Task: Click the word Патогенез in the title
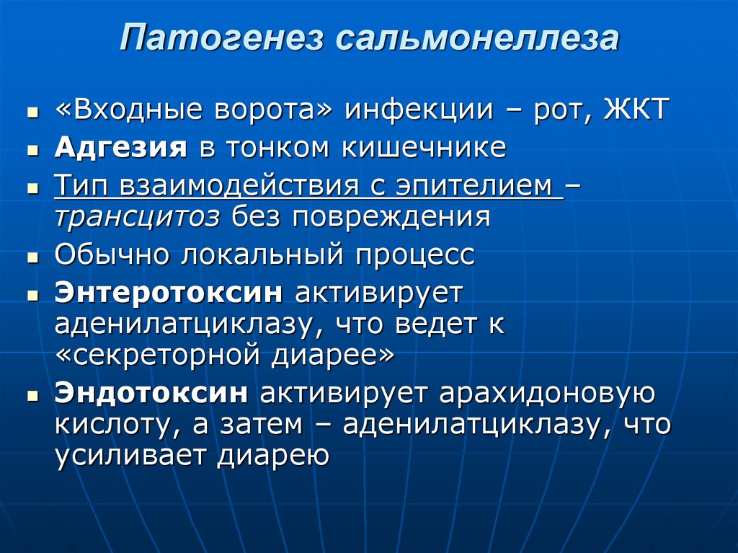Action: (222, 37)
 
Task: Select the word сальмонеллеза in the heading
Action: (477, 37)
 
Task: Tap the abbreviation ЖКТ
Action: (636, 110)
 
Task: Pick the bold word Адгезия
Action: (121, 149)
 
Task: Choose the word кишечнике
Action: (424, 147)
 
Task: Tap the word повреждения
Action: (391, 218)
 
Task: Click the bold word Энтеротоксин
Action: (169, 293)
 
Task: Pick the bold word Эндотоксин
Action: (151, 392)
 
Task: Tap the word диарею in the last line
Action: (272, 456)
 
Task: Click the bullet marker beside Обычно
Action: (32, 257)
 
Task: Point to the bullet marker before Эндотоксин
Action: (32, 395)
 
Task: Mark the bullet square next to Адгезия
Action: (32, 150)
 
